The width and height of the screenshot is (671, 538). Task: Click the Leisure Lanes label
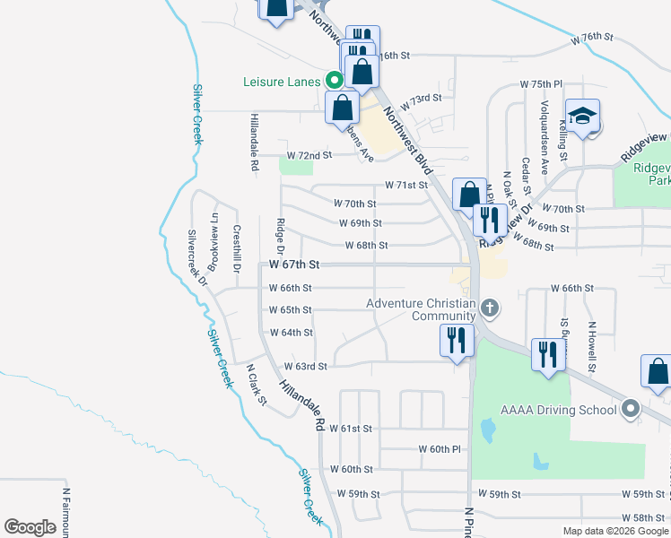pyautogui.click(x=281, y=82)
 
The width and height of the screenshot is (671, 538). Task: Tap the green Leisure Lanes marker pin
pyautogui.click(x=334, y=80)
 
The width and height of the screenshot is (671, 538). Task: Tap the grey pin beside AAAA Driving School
pyautogui.click(x=631, y=410)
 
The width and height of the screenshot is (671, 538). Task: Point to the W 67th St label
pyautogui.click(x=294, y=265)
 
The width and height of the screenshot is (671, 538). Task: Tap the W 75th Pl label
pyautogui.click(x=541, y=84)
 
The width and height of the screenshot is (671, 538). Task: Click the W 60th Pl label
pyautogui.click(x=440, y=448)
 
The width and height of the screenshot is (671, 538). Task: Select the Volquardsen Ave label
pyautogui.click(x=544, y=126)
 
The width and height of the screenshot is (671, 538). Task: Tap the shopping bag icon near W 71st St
pyautogui.click(x=469, y=193)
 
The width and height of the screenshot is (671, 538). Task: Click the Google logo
pyautogui.click(x=30, y=527)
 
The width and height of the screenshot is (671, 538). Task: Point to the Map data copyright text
pyautogui.click(x=615, y=531)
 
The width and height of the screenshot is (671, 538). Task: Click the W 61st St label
pyautogui.click(x=351, y=429)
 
